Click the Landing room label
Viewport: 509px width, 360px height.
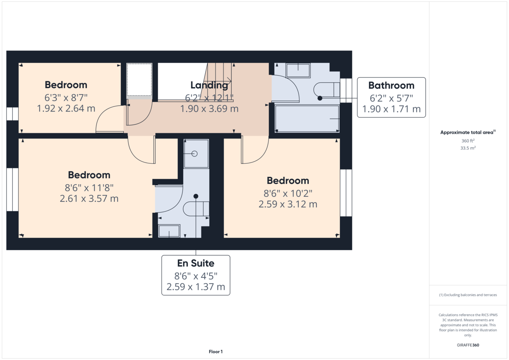tap(209, 85)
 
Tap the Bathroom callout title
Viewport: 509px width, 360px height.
tap(391, 86)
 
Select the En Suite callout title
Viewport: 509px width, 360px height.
tap(196, 263)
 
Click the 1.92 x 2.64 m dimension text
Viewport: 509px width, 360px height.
tap(66, 109)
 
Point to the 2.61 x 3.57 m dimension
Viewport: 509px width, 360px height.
tap(89, 198)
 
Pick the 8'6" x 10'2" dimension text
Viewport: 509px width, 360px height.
tap(288, 193)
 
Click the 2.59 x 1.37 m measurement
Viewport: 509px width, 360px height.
tap(196, 287)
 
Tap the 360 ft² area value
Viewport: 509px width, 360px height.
tap(468, 141)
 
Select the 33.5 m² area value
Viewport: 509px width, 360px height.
tap(468, 148)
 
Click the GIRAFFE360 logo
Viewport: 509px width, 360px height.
tap(468, 345)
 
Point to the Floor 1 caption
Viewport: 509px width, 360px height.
tap(215, 352)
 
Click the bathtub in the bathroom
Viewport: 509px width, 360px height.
tap(307, 119)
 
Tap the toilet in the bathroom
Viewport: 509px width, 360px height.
tap(327, 89)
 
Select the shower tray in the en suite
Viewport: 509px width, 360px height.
tap(196, 154)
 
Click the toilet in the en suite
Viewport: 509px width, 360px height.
tap(196, 209)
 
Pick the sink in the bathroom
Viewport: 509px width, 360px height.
tap(298, 70)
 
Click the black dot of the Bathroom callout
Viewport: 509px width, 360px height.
tap(320, 98)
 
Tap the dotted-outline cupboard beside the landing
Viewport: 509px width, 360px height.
tap(139, 80)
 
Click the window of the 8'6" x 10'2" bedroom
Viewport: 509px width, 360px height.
tap(346, 193)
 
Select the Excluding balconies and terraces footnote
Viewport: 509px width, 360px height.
tap(468, 295)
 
